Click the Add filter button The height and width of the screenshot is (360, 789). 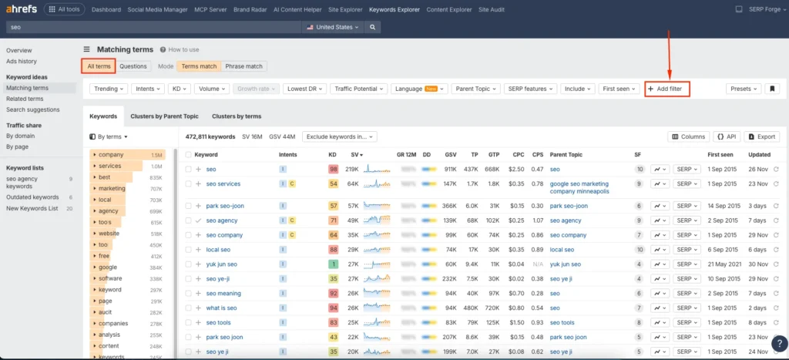tap(667, 89)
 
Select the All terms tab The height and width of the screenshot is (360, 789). tap(99, 66)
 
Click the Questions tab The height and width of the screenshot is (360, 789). tap(133, 66)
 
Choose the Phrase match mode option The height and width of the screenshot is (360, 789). tap(243, 66)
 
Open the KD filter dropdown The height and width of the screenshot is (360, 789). tap(180, 89)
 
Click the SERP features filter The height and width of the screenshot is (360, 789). tap(529, 89)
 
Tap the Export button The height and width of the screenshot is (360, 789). tap(761, 136)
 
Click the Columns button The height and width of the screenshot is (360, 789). tap(688, 136)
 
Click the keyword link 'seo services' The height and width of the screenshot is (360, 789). tap(223, 183)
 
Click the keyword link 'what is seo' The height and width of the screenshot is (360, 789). tap(221, 308)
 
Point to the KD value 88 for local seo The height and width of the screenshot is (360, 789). tap(333, 250)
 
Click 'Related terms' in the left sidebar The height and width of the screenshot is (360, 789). tap(25, 99)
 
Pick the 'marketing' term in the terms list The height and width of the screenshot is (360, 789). tap(112, 188)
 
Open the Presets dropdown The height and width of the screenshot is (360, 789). tap(744, 89)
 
